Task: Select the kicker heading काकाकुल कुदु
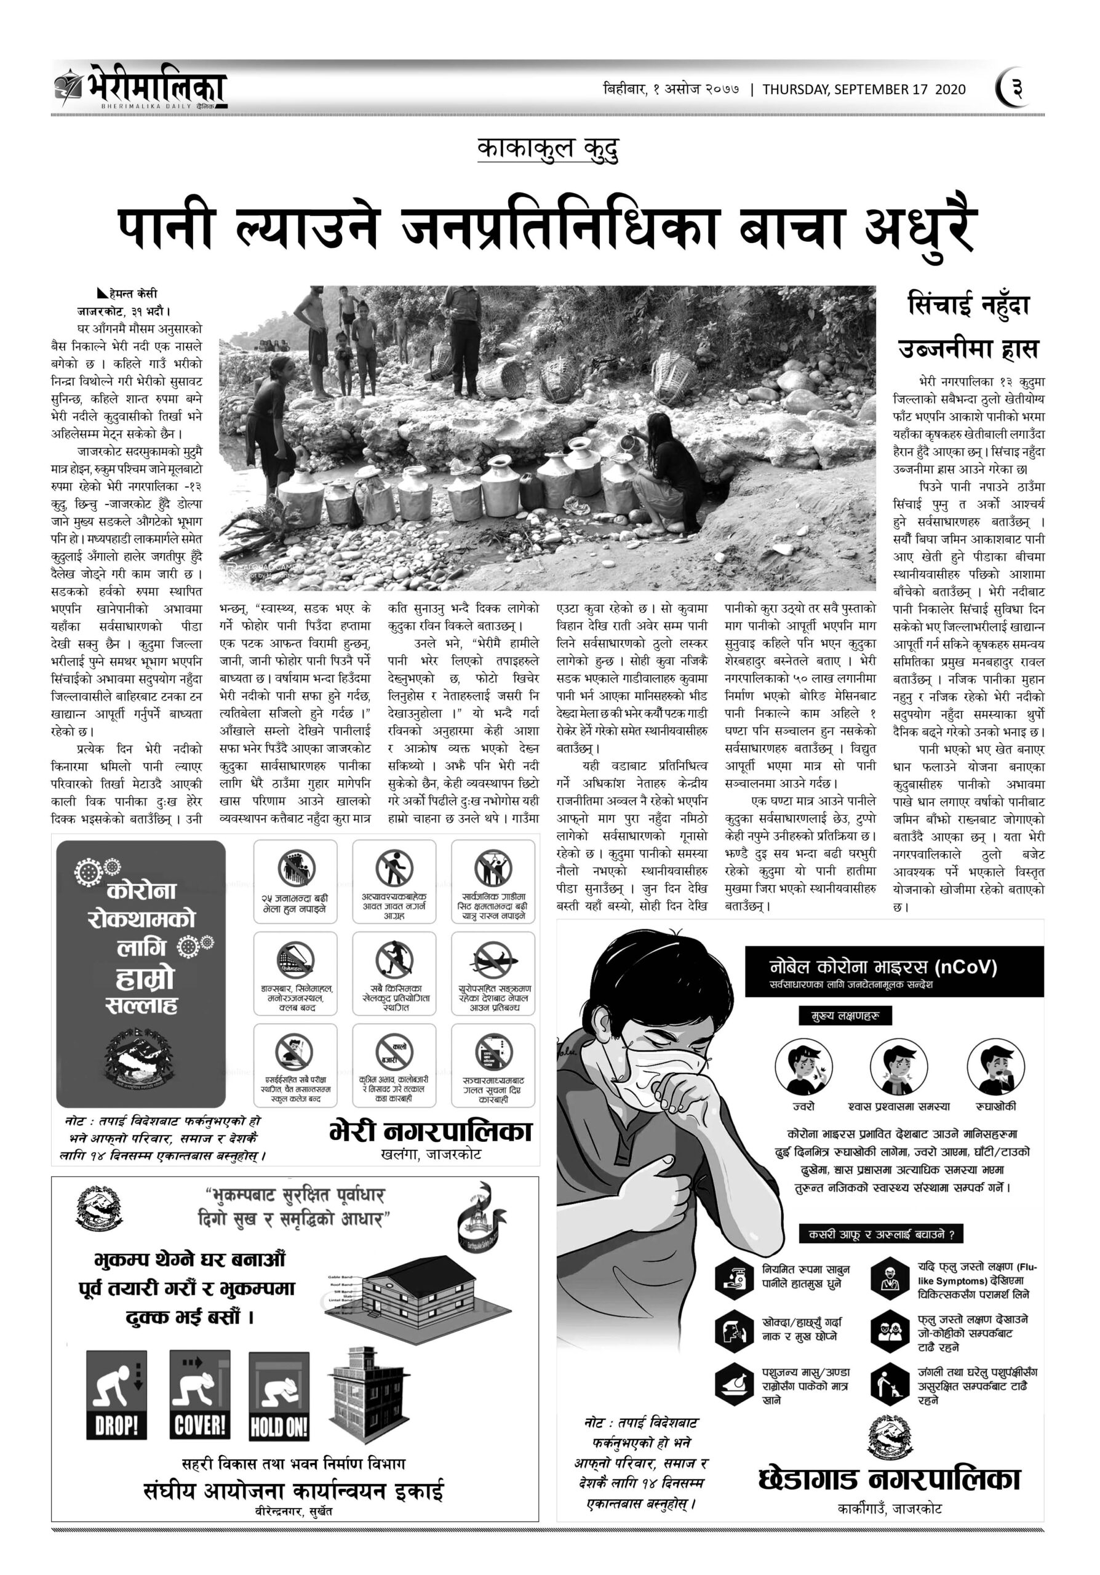click(548, 149)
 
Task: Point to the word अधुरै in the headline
click(920, 228)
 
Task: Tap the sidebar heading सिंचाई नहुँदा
click(968, 305)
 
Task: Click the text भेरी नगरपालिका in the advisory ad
click(430, 1131)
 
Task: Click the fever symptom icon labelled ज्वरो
click(803, 1067)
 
